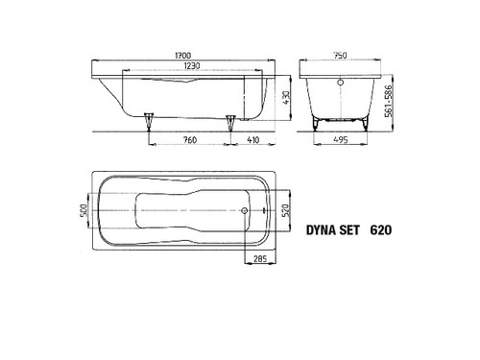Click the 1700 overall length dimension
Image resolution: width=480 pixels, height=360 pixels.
pyautogui.click(x=183, y=56)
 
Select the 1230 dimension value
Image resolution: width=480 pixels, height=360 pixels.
pyautogui.click(x=192, y=65)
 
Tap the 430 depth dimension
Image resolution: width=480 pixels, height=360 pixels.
pyautogui.click(x=286, y=98)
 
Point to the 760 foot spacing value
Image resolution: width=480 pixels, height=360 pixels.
pyautogui.click(x=190, y=140)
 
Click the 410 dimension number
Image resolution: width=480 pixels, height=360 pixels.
pyautogui.click(x=252, y=140)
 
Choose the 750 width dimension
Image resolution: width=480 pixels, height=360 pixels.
pyautogui.click(x=340, y=56)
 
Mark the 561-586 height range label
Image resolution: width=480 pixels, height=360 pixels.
pyautogui.click(x=388, y=101)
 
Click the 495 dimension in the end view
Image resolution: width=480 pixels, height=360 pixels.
pyautogui.click(x=340, y=140)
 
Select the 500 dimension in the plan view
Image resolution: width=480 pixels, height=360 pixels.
pyautogui.click(x=84, y=210)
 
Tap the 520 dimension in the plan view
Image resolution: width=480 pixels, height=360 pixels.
pyautogui.click(x=286, y=210)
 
